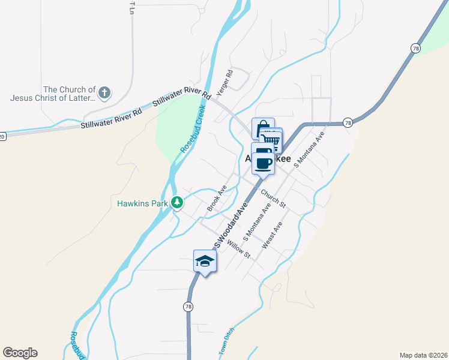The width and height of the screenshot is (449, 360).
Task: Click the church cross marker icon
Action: [x=104, y=92]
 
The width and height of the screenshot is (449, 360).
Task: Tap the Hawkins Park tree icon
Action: [x=177, y=203]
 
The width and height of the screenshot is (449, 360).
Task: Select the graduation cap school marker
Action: [x=204, y=261]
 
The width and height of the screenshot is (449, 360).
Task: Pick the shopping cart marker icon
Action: [x=272, y=140]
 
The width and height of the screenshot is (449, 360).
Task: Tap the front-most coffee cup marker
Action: [x=263, y=163]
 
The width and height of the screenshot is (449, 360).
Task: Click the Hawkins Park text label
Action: [x=142, y=203]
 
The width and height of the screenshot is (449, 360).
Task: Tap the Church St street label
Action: [x=273, y=200]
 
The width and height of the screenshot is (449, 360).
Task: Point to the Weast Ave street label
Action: [x=272, y=236]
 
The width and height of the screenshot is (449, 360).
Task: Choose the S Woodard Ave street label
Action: [x=232, y=226]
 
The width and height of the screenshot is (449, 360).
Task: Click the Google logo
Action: [x=20, y=353]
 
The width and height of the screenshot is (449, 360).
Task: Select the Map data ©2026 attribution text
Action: [x=423, y=355]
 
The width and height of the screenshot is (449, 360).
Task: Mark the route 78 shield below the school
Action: [x=188, y=307]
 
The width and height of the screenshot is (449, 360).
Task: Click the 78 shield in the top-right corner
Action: [x=415, y=48]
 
